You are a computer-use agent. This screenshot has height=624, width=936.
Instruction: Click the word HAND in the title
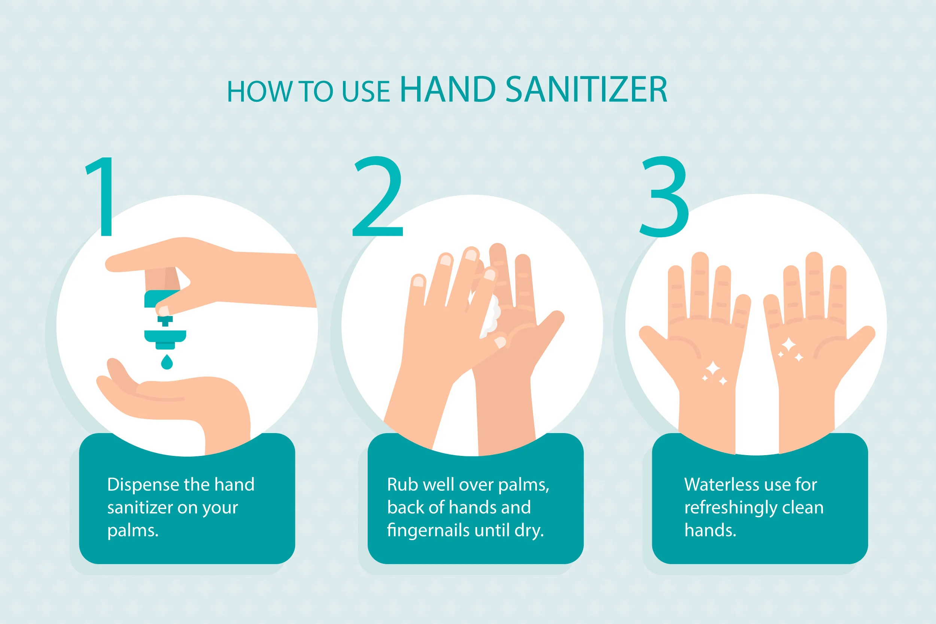447,90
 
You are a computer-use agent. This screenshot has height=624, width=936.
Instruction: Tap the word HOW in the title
259,92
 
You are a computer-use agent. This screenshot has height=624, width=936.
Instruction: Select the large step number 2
378,197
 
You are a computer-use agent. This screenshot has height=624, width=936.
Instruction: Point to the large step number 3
664,197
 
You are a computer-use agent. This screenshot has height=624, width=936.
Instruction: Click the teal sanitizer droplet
167,362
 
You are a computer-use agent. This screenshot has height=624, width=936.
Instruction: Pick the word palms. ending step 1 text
133,531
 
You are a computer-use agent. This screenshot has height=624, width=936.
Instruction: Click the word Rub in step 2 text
402,485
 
